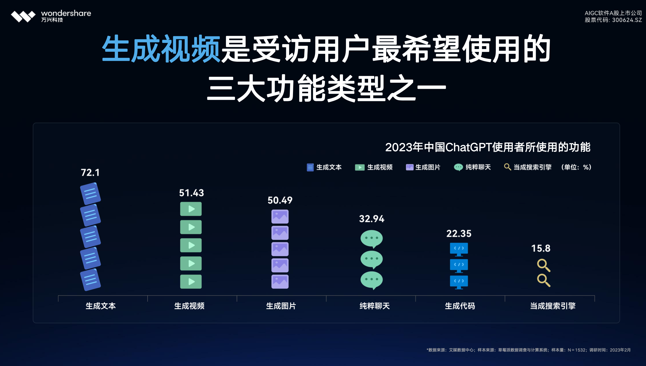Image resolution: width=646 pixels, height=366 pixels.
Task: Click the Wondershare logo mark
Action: (x=23, y=16)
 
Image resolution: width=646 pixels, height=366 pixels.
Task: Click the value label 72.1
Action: (x=90, y=173)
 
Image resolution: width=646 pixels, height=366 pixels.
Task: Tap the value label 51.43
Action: (x=192, y=193)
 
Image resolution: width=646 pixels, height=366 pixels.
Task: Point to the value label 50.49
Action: (x=280, y=200)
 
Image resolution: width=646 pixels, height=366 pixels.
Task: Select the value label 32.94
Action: (x=372, y=219)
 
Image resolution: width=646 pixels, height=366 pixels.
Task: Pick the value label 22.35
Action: (x=459, y=234)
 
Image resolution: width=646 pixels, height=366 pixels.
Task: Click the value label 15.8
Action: (x=541, y=248)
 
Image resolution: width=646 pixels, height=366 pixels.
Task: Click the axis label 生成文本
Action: (x=101, y=306)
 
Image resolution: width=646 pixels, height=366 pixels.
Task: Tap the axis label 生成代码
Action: (x=460, y=306)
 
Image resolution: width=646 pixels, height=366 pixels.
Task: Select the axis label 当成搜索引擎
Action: (x=553, y=306)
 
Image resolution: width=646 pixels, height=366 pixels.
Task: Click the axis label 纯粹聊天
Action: (x=375, y=306)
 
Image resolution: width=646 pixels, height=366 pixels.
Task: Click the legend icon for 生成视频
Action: (x=360, y=167)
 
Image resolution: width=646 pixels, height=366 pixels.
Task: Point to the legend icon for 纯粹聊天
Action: (x=458, y=167)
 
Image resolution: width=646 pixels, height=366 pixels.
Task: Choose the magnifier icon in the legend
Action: (x=507, y=167)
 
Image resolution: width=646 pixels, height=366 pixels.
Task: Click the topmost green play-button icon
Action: (x=191, y=209)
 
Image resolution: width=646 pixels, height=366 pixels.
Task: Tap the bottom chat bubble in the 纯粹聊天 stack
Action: (x=371, y=280)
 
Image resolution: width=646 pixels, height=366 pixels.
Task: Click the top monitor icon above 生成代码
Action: (x=459, y=249)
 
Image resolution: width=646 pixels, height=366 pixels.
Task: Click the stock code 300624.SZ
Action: (x=627, y=20)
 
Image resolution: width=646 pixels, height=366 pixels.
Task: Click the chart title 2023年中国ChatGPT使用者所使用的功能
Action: (x=488, y=147)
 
